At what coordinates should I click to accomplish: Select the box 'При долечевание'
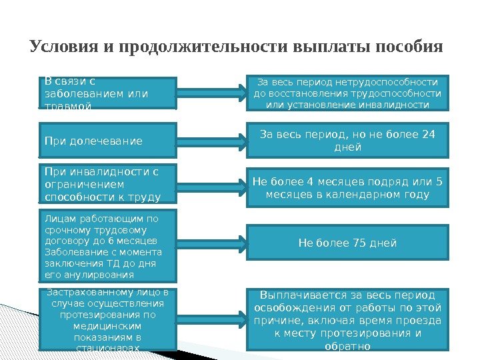tap(108, 141)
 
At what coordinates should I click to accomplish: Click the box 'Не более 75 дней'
tap(347, 243)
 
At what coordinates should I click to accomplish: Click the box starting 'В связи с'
tap(108, 93)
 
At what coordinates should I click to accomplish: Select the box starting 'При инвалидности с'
tap(108, 184)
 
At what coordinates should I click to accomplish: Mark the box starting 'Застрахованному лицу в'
tap(109, 319)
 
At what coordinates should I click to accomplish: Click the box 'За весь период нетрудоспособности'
tap(347, 93)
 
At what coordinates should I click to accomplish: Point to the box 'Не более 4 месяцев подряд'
tap(347, 189)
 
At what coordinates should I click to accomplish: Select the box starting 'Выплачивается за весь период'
tap(347, 319)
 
